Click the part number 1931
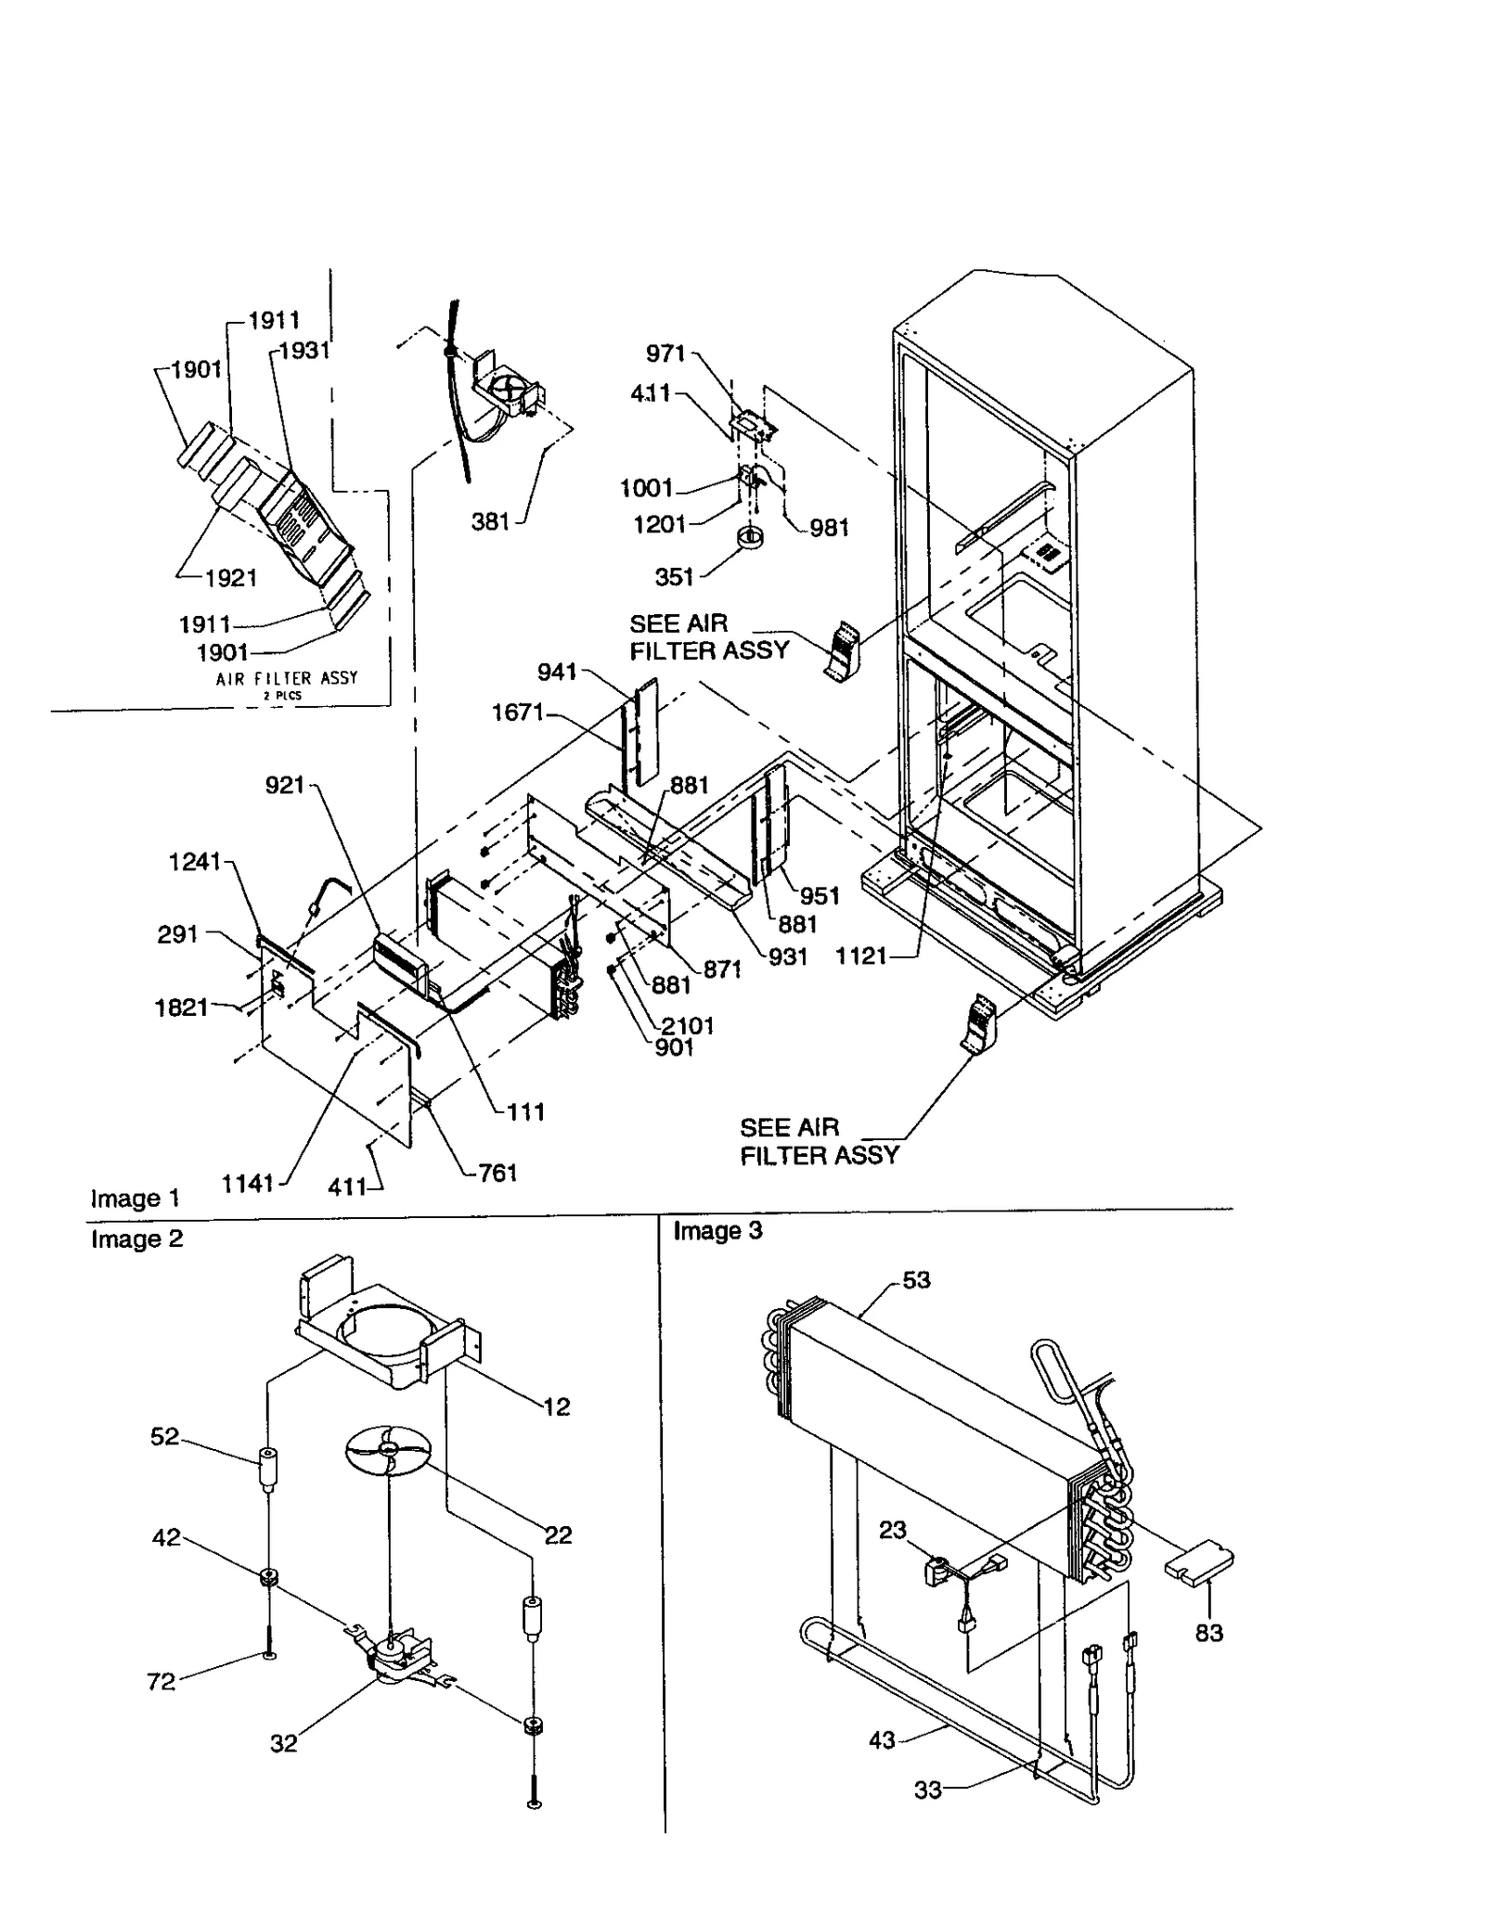pos(304,350)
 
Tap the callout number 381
pos(490,521)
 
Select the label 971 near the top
pos(665,353)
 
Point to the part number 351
pos(674,577)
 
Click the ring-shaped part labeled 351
pos(748,537)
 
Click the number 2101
pos(688,1025)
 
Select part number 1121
pos(861,956)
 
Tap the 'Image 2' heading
pos(136,1238)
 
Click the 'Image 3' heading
pos(717,1230)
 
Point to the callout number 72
pos(161,1681)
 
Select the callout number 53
pos(916,1280)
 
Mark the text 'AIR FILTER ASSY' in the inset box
pos(286,678)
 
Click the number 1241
pos(194,862)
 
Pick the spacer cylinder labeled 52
pos(267,1469)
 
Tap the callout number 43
pos(882,1739)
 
